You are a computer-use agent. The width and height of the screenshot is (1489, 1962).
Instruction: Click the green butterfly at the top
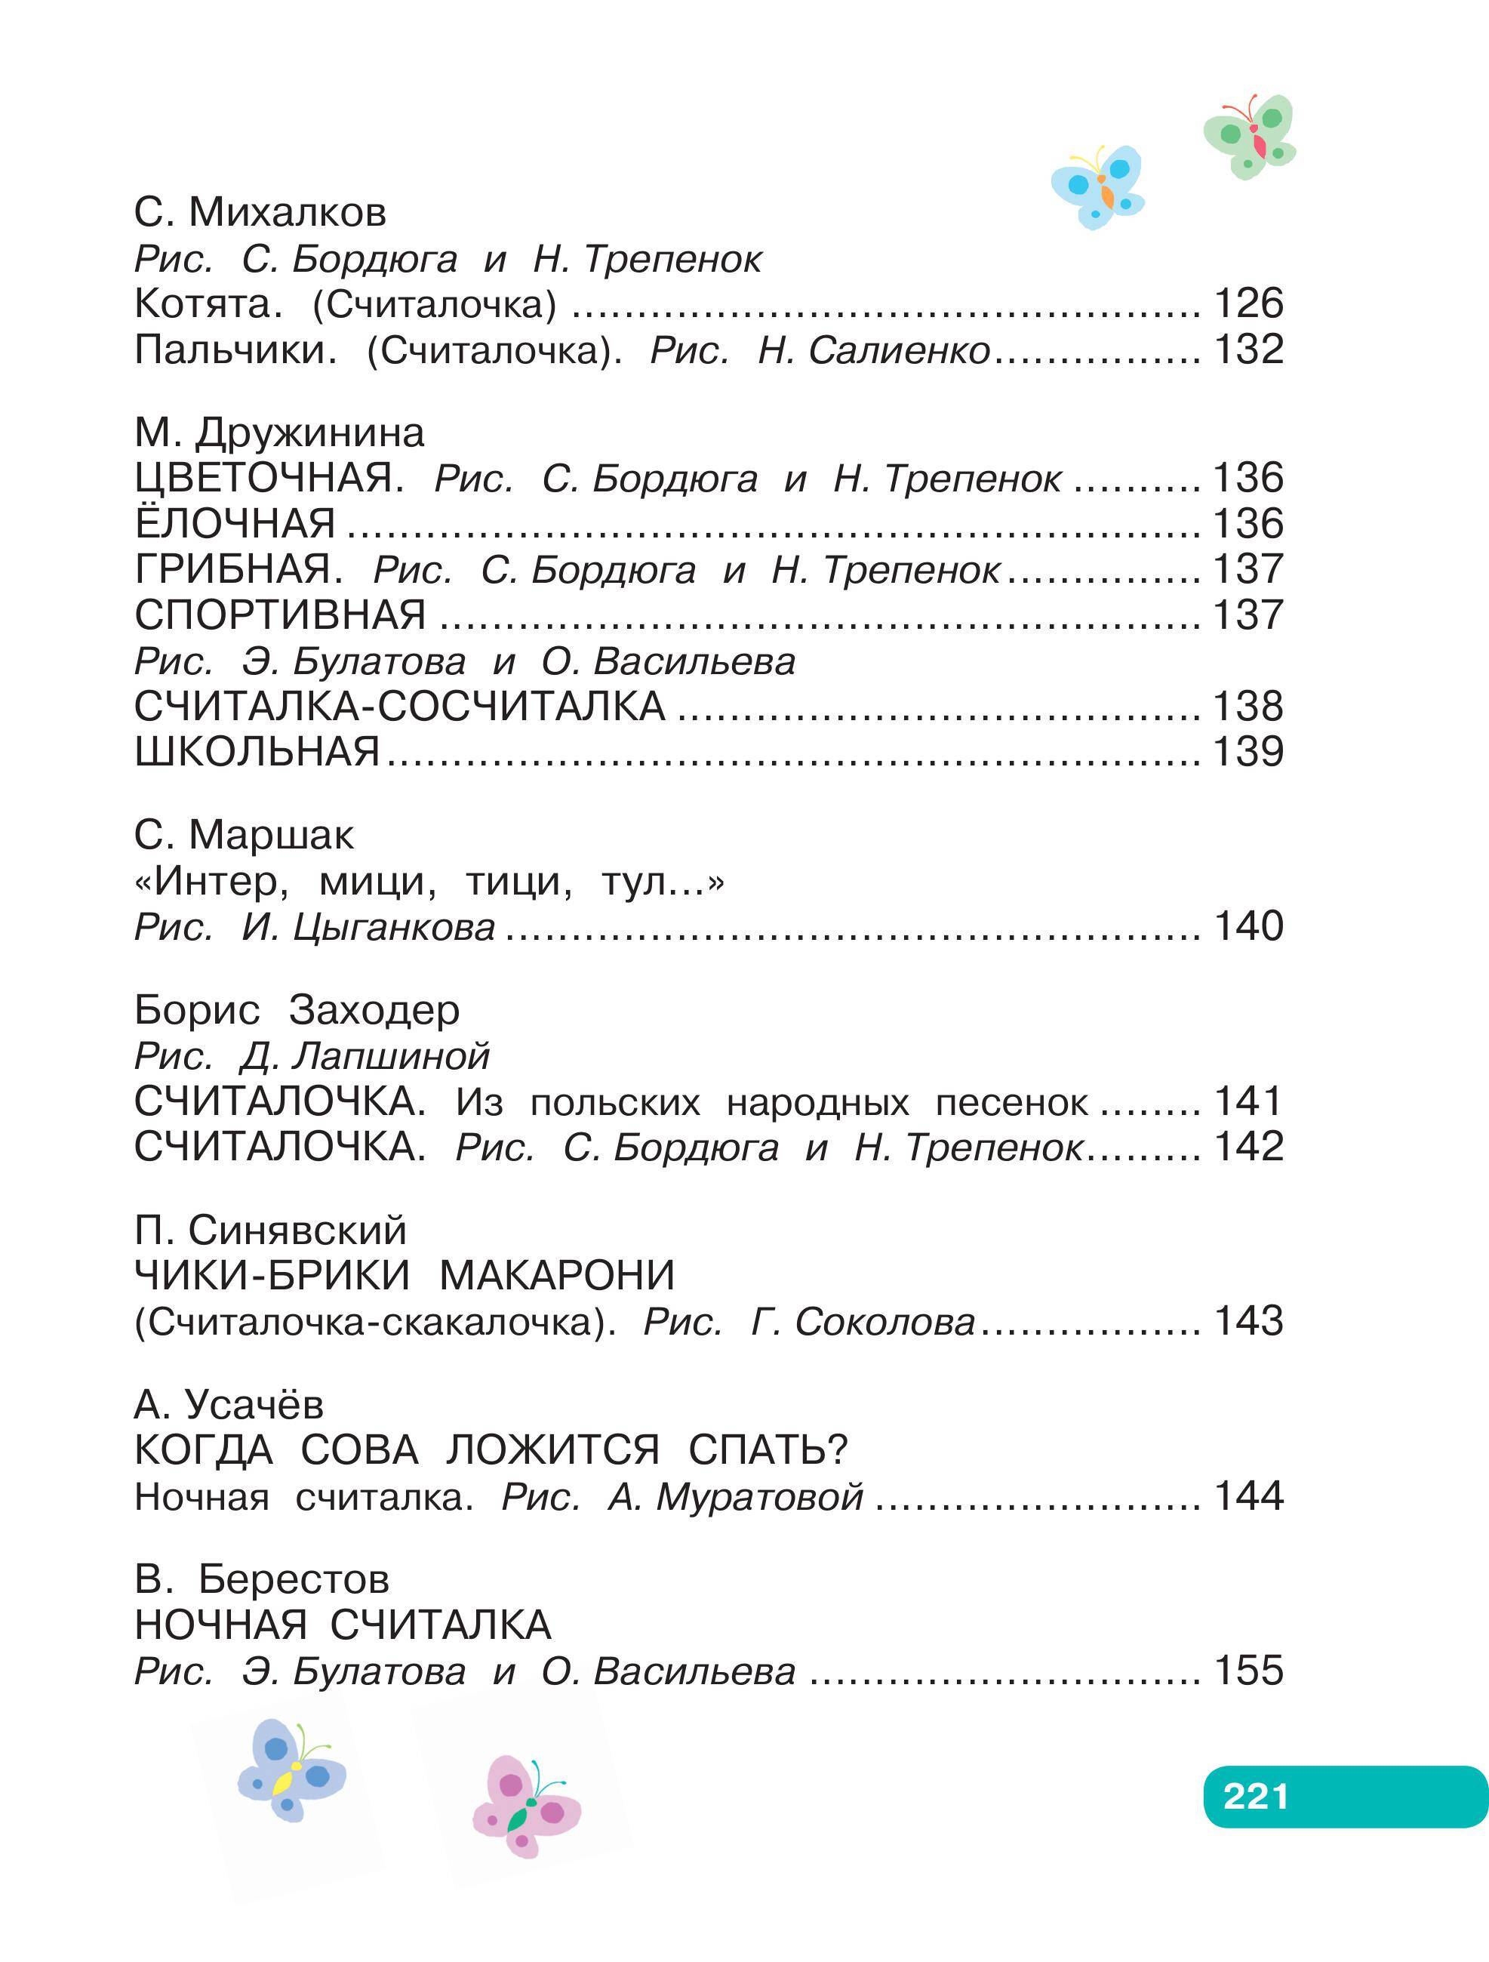(x=1251, y=136)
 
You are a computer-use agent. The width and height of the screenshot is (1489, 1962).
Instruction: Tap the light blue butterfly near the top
(x=1098, y=186)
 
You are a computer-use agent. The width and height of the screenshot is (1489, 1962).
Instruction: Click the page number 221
(x=1255, y=1796)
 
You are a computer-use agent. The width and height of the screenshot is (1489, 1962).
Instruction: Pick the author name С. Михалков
(x=260, y=213)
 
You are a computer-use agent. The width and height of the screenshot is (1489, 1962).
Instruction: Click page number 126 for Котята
(x=1247, y=303)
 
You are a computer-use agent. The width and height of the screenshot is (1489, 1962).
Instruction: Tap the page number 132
(x=1247, y=350)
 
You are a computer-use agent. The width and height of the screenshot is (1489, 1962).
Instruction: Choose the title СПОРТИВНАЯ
(x=280, y=614)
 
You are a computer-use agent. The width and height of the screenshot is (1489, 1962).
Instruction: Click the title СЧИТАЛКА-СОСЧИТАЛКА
(x=400, y=706)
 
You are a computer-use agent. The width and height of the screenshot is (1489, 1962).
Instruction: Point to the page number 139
(x=1247, y=751)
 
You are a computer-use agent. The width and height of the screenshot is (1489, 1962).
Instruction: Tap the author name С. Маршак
(x=244, y=835)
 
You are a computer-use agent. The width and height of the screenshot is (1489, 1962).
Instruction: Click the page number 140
(x=1247, y=926)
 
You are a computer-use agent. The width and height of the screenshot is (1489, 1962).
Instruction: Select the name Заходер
(x=374, y=1010)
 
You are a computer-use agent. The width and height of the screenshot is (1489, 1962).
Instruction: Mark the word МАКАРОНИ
(x=557, y=1276)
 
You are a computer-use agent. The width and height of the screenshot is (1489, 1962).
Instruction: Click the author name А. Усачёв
(x=229, y=1404)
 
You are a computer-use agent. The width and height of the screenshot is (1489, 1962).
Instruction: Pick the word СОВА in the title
(x=359, y=1450)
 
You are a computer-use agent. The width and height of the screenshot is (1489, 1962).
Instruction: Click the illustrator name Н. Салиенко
(x=873, y=350)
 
